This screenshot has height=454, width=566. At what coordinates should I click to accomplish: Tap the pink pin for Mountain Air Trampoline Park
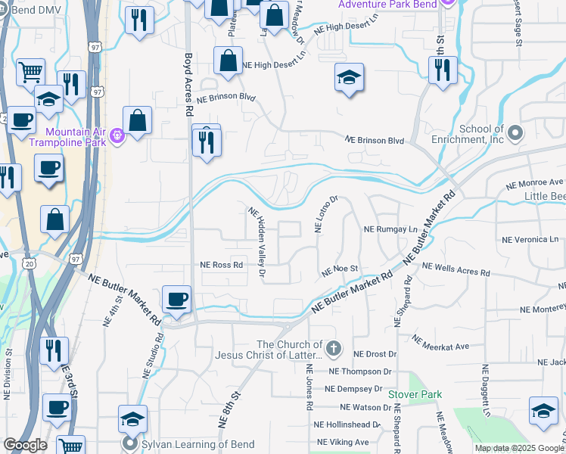point(117,137)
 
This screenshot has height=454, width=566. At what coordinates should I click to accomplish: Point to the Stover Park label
point(414,394)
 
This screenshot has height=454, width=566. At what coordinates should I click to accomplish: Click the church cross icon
point(335,349)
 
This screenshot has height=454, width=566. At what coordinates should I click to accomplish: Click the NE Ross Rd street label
point(221,265)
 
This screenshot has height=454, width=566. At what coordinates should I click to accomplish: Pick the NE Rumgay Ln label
point(390,229)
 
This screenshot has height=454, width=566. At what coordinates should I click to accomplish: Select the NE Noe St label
point(339,269)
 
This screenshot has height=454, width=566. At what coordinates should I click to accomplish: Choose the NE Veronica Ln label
point(530,239)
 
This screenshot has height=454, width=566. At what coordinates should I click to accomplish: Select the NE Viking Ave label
point(343,442)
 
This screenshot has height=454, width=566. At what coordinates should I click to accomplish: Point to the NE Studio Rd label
point(154,356)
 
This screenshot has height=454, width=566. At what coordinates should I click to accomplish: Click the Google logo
point(26,446)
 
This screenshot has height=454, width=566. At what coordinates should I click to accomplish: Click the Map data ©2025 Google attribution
point(520,448)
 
